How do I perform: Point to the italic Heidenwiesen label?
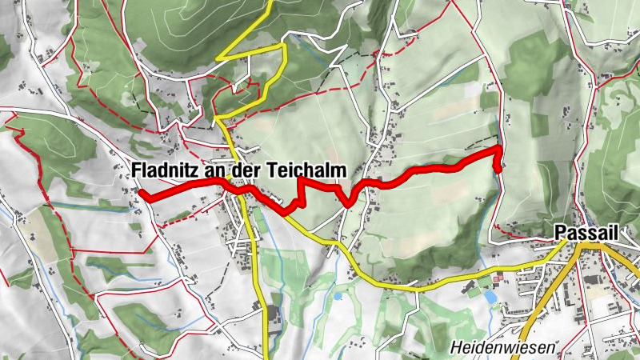click(495, 348)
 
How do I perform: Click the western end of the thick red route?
click(141, 192)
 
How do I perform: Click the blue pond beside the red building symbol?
click(489, 296)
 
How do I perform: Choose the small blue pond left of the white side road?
click(338, 296)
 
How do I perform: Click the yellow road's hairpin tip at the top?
click(220, 57)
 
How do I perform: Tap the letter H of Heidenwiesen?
click(455, 348)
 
